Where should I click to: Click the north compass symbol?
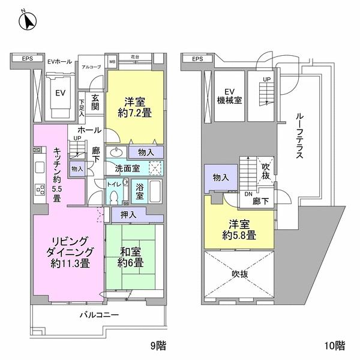(25, 22)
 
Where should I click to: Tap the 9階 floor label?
(158, 345)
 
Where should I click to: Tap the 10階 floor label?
(336, 345)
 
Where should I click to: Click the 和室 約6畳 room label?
(130, 257)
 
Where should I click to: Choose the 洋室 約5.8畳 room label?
(239, 229)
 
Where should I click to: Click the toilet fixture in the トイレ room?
(113, 196)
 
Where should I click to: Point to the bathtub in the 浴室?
(154, 192)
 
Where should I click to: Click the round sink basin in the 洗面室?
(116, 151)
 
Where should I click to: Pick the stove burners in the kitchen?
(40, 191)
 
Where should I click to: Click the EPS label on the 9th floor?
(28, 58)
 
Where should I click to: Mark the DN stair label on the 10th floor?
(247, 193)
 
